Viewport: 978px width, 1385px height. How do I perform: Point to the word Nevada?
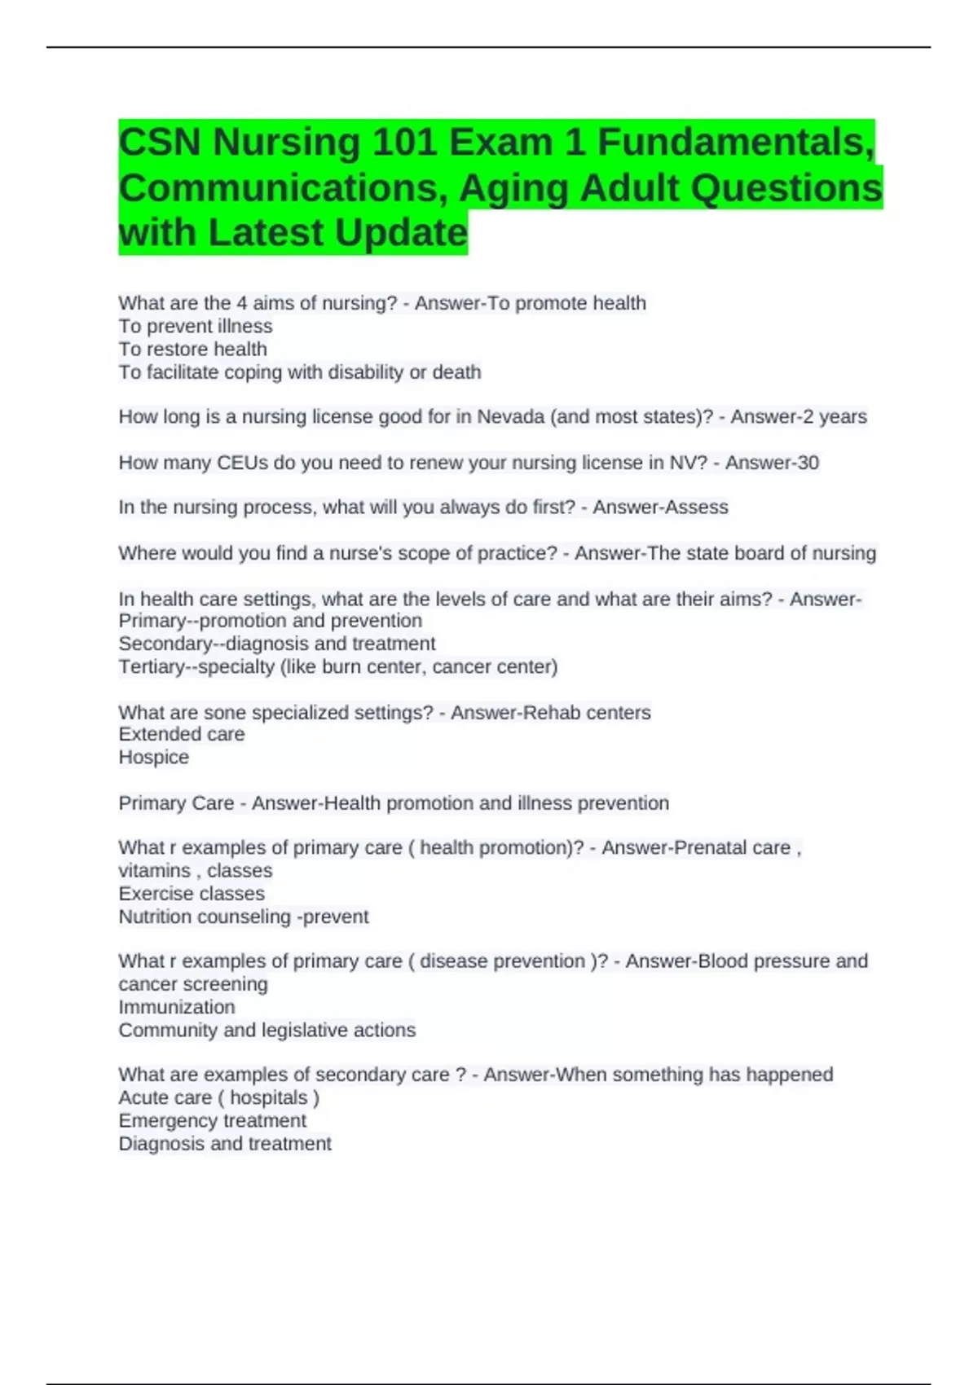tap(510, 417)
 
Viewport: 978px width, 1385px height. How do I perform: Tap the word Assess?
tap(695, 508)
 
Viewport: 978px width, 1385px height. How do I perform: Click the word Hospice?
tap(153, 758)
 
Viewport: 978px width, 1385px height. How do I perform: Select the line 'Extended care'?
tap(181, 735)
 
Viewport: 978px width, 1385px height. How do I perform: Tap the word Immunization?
tap(176, 1008)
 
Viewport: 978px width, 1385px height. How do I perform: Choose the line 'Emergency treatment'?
tap(212, 1121)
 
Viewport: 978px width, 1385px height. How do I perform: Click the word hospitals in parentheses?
tap(269, 1098)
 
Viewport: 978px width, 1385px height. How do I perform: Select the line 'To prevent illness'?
tap(195, 327)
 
